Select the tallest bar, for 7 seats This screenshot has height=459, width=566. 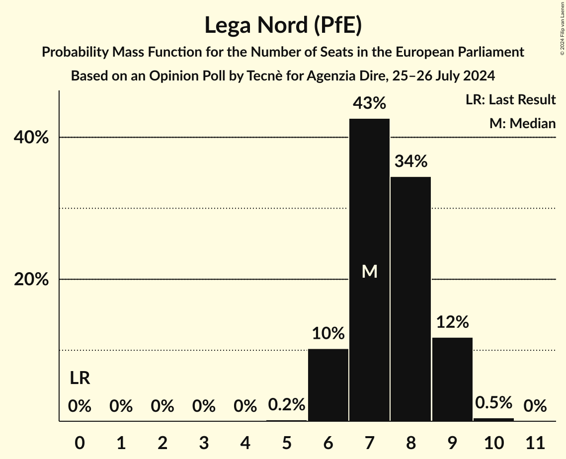[369, 224]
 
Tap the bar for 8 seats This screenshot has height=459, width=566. [410, 298]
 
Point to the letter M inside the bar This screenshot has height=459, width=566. [369, 271]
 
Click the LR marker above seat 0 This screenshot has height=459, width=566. [80, 379]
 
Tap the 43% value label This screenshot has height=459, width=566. [369, 103]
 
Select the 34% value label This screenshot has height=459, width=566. [410, 161]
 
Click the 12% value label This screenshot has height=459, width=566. [452, 322]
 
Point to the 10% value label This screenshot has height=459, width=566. [328, 333]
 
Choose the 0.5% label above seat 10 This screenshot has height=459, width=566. [493, 403]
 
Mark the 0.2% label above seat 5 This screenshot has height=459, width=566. [286, 405]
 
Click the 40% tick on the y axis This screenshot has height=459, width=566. [31, 138]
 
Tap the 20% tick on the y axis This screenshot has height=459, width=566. [31, 280]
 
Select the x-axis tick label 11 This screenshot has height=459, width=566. [535, 442]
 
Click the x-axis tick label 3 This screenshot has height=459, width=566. [204, 442]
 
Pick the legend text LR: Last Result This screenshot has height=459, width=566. [510, 100]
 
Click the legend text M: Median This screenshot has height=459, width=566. [522, 123]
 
